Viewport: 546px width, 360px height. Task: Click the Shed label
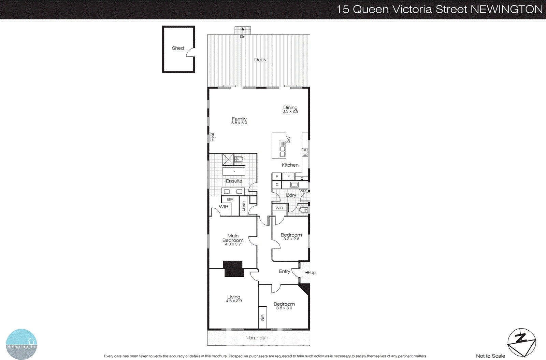coord(178,48)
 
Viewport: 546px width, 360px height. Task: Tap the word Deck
coord(260,59)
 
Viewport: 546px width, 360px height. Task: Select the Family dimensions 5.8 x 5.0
coord(239,123)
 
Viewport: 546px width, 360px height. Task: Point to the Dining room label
coord(290,107)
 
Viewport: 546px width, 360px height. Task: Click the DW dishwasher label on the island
coord(288,140)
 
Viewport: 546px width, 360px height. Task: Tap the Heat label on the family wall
coord(212,137)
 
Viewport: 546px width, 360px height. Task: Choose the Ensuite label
coord(234,181)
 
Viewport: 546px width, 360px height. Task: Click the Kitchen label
coord(290,165)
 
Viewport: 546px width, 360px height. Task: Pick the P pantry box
coord(277,176)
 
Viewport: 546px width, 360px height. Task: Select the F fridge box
coord(288,176)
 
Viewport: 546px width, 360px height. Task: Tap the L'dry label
coord(291,195)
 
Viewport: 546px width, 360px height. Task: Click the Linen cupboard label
coord(244,206)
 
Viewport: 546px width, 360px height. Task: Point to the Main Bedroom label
coord(233,238)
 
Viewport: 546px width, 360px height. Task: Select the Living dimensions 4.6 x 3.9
coord(234,301)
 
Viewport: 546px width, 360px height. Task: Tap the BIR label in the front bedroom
coord(263,317)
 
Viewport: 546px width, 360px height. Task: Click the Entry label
coord(284,271)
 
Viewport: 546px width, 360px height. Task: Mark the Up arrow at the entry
coord(311,273)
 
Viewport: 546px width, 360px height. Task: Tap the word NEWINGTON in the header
coord(506,9)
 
